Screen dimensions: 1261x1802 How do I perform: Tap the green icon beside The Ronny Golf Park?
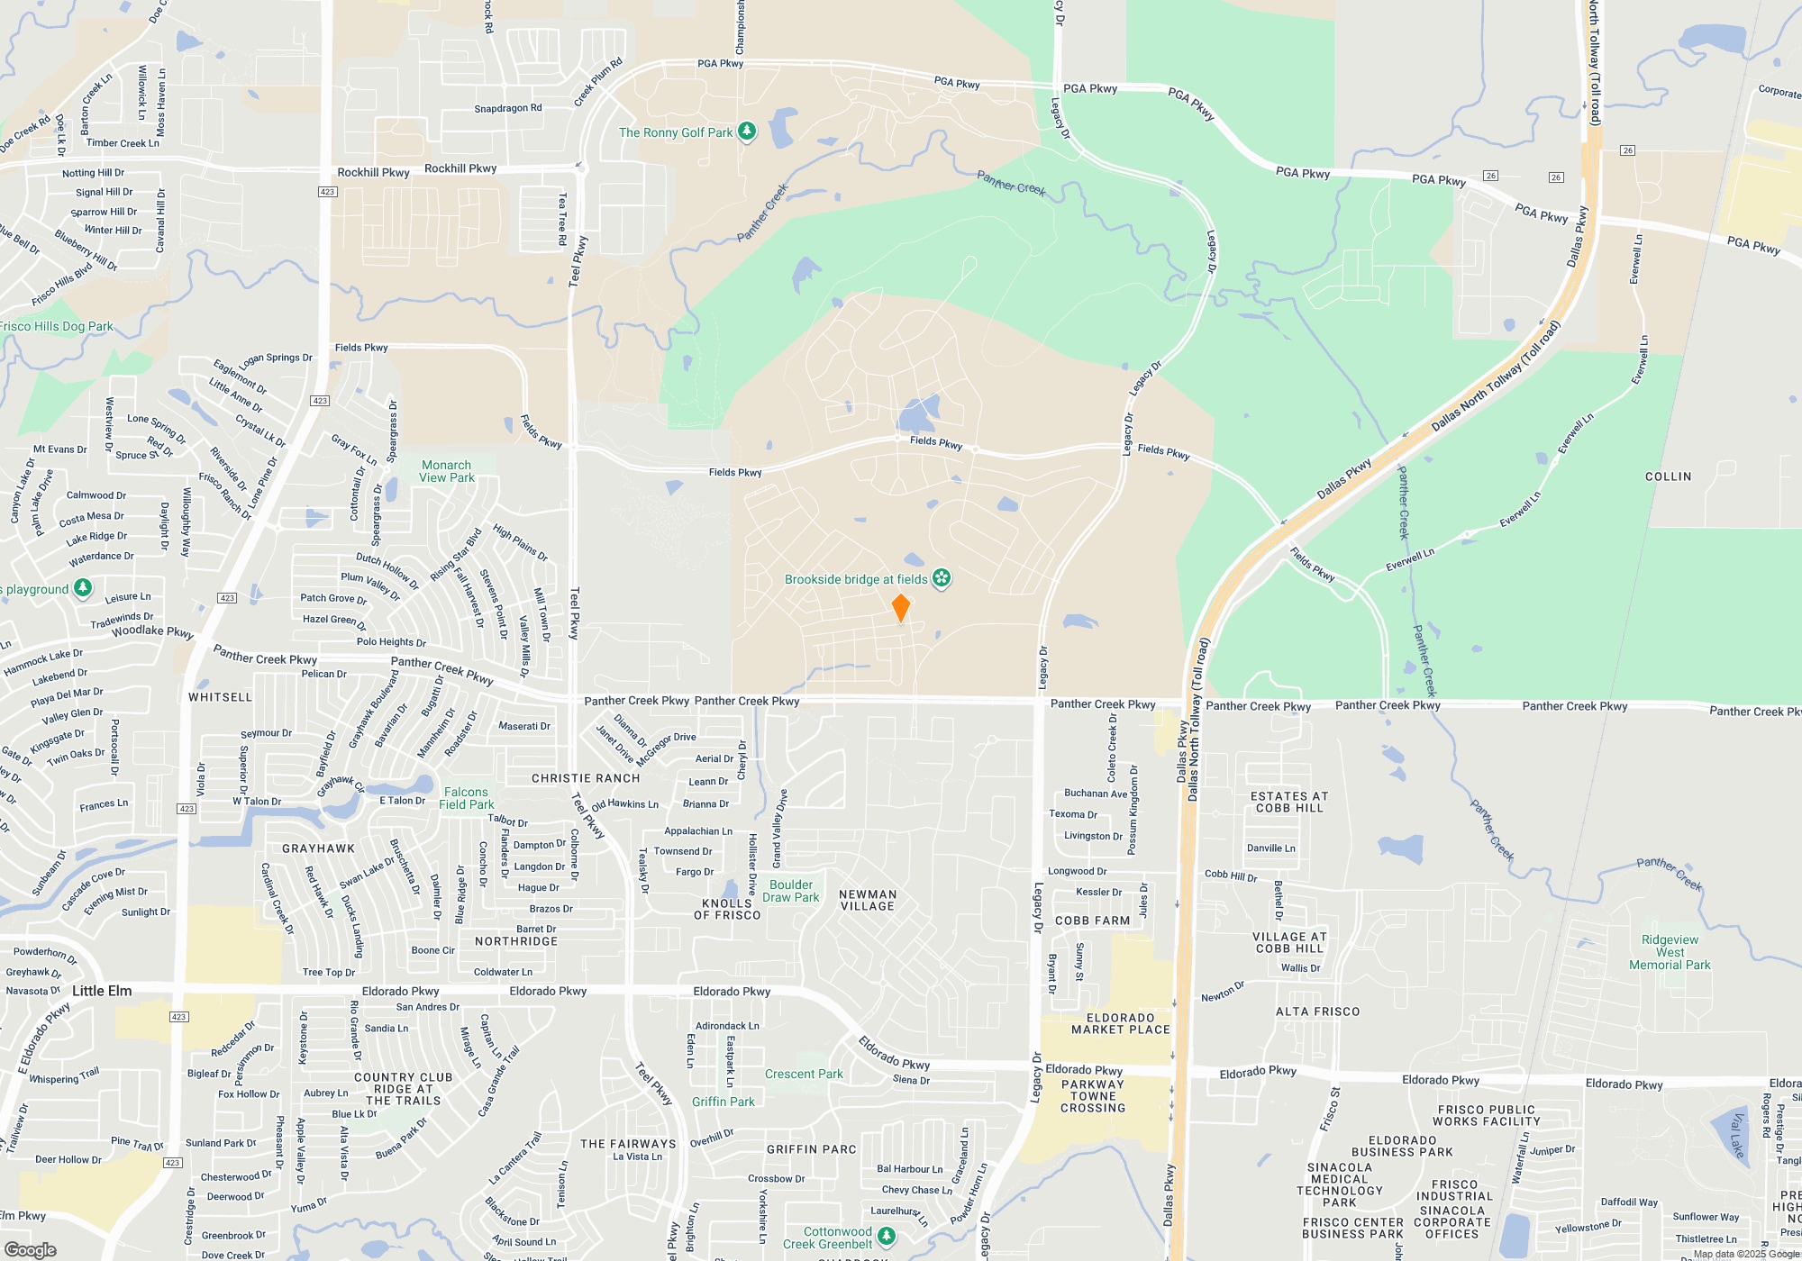pos(747,132)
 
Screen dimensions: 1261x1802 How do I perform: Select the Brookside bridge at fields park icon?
pos(942,577)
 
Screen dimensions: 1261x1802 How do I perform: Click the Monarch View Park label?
pos(447,471)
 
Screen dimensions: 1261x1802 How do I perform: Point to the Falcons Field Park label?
pos(466,798)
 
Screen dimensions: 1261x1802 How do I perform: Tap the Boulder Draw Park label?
pos(791,891)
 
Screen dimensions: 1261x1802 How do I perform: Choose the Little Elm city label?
pos(102,991)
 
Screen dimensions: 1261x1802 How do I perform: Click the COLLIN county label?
pos(1668,476)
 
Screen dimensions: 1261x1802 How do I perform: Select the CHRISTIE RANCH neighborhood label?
pos(586,778)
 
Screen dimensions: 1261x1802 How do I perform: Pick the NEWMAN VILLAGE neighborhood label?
pos(868,900)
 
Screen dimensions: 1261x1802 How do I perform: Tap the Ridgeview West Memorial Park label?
pos(1670,952)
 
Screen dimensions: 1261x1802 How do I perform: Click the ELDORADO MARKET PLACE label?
pos(1121,1023)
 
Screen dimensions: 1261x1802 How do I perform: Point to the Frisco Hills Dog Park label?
pos(56,326)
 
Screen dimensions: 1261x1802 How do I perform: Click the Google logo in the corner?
pos(31,1249)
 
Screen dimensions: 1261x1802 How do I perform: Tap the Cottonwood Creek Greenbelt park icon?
pos(887,1235)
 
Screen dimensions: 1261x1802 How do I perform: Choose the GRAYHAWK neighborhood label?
pos(318,848)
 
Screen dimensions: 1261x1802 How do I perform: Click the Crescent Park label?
pos(804,1074)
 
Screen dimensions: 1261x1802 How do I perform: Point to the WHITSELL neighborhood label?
pos(220,697)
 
